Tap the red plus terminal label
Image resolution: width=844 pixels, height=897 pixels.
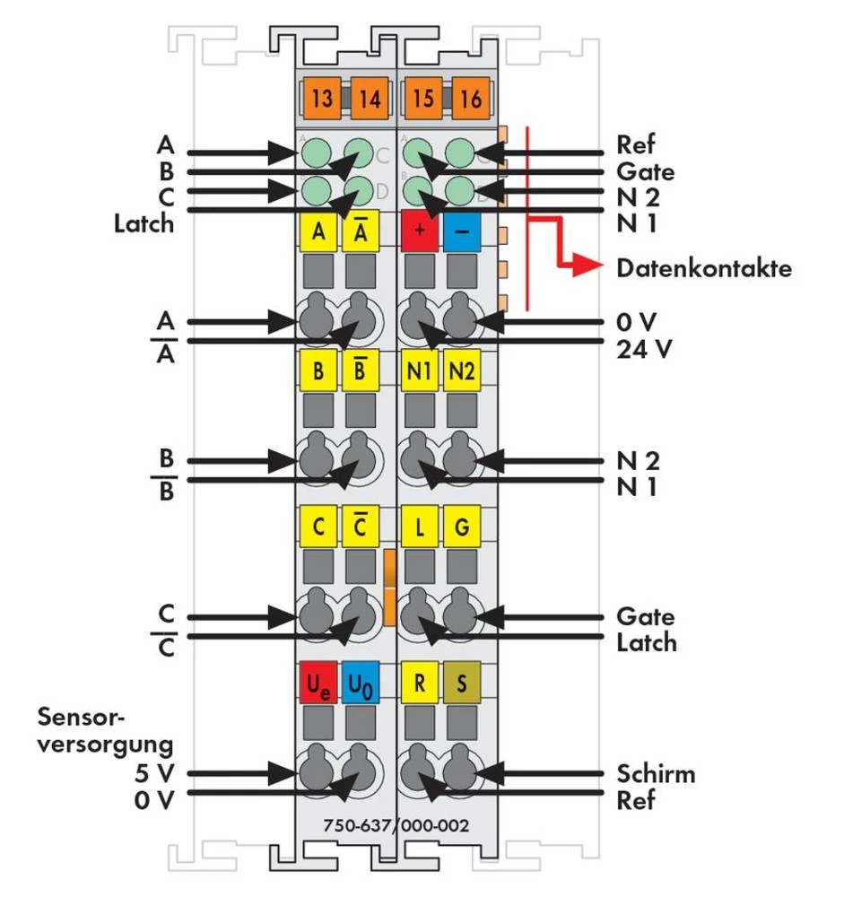pyautogui.click(x=420, y=232)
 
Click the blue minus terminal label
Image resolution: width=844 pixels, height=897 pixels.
pyautogui.click(x=461, y=232)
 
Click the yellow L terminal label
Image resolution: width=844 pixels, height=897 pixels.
pyautogui.click(x=420, y=527)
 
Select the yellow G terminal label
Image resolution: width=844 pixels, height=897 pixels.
pyautogui.click(x=461, y=527)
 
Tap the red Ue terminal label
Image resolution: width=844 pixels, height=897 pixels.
pyautogui.click(x=318, y=684)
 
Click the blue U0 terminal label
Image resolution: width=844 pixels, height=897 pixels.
pyautogui.click(x=360, y=684)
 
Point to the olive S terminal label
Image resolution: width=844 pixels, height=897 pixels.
pyautogui.click(x=461, y=684)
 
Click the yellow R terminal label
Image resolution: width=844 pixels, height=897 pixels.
pyautogui.click(x=420, y=684)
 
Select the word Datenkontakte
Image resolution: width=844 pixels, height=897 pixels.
pyautogui.click(x=704, y=268)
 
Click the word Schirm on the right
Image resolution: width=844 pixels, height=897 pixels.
pyautogui.click(x=656, y=773)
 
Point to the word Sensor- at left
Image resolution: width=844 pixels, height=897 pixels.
pyautogui.click(x=83, y=717)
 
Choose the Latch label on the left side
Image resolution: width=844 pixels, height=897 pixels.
pyautogui.click(x=144, y=222)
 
